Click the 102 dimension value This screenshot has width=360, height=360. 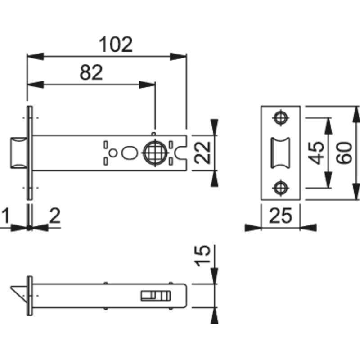(116, 44)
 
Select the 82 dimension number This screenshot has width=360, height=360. (91, 72)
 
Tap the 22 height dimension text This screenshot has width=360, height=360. (202, 153)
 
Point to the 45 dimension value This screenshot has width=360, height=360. (316, 153)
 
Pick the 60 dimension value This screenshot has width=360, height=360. (344, 153)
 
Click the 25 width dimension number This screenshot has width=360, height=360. (280, 216)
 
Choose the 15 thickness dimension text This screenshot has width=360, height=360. (202, 256)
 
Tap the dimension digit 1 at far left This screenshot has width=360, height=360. (5, 216)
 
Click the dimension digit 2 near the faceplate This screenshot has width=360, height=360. (55, 216)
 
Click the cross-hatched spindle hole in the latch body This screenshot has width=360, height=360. (155, 153)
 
